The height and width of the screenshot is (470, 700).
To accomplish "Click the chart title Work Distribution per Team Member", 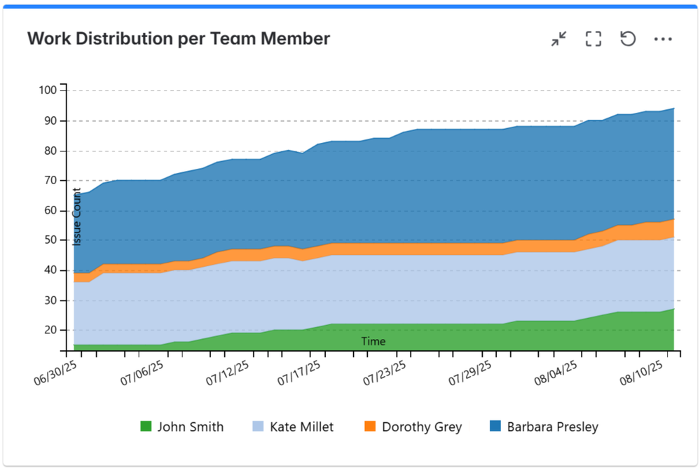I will click(x=179, y=39).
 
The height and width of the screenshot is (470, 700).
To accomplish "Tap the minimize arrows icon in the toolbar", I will click(x=558, y=39).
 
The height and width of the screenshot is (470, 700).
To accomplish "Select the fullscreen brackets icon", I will click(x=593, y=39).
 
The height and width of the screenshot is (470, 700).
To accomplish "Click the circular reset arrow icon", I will click(x=628, y=39).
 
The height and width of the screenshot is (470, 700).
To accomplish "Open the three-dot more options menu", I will click(x=663, y=39).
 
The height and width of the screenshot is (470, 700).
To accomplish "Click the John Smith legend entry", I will click(x=182, y=426).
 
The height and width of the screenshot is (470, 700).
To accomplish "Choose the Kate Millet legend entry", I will click(x=292, y=426).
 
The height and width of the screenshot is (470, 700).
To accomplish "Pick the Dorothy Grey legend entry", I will click(x=413, y=426).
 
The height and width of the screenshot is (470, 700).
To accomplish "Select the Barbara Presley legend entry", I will click(x=544, y=426).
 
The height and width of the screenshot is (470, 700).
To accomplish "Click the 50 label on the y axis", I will click(x=50, y=240).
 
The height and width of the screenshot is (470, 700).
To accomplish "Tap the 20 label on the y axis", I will click(x=50, y=330).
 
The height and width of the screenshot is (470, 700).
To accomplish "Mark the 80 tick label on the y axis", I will click(x=50, y=151).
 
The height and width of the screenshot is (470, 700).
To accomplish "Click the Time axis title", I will click(x=373, y=342).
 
